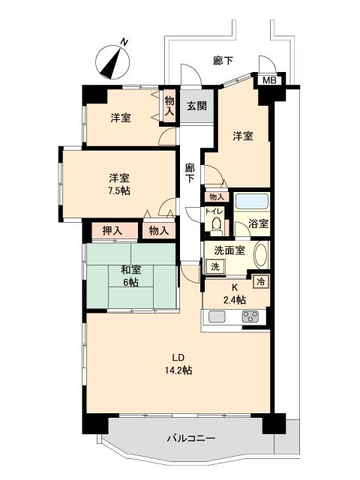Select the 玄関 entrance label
197,106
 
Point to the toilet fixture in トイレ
215,223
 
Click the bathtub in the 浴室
251,202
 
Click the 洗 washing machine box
215,266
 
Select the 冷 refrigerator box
261,282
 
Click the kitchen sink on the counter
217,317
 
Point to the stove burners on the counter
250,317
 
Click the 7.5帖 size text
119,191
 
